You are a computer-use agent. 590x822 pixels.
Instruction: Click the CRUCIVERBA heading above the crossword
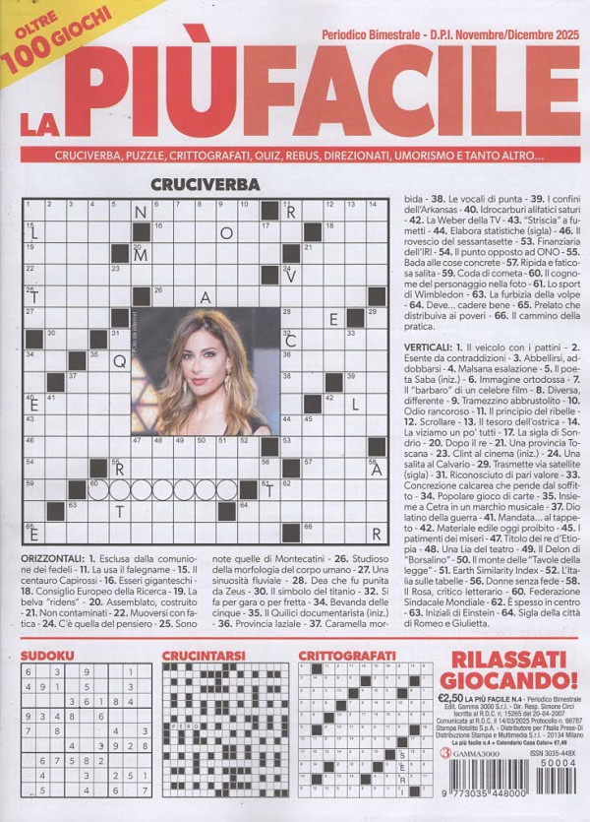point(206,184)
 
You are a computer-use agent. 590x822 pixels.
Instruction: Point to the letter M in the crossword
point(141,252)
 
